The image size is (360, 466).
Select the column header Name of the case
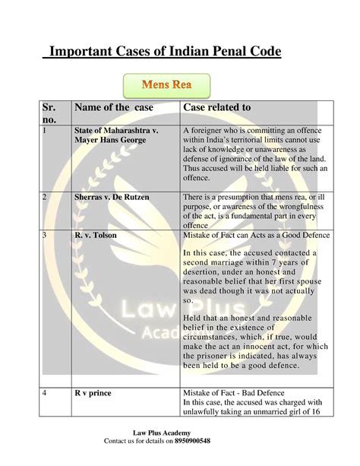[x=113, y=108]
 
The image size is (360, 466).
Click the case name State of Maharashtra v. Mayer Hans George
[x=115, y=136]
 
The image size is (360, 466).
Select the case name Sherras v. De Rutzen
[x=111, y=198]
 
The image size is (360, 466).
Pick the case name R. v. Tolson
[x=95, y=236]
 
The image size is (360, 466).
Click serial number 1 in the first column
[x=44, y=131]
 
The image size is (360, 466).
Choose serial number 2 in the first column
[x=44, y=198]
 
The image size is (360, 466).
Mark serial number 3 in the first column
[x=44, y=236]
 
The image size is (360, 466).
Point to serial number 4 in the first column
[x=44, y=393]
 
